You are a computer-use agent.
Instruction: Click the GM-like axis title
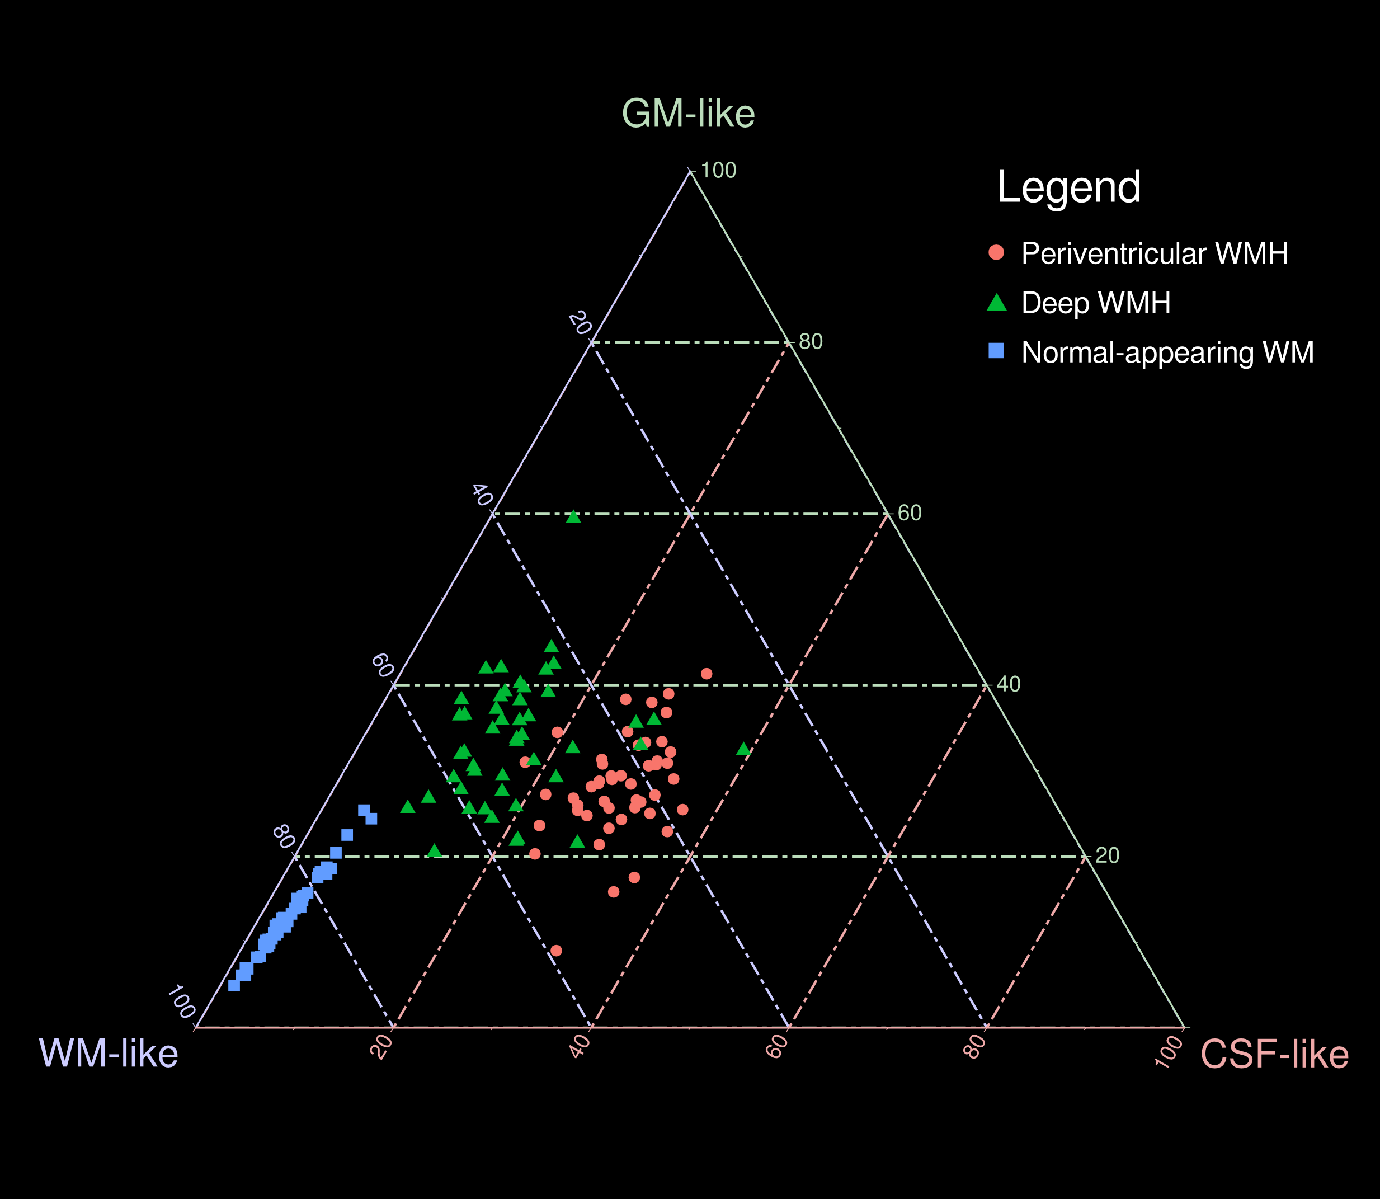point(689,114)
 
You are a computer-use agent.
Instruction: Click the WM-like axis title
point(109,1053)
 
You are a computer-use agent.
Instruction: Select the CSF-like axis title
point(1274,1055)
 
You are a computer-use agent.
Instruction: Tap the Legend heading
point(1068,187)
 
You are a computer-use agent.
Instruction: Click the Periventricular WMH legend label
point(1154,253)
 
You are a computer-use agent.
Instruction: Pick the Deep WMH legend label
point(1096,303)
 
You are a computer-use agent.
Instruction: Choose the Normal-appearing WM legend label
point(1167,352)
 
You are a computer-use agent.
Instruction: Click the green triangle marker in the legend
point(996,303)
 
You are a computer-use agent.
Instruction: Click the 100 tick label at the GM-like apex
point(718,171)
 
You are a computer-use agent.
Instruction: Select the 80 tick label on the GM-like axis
point(811,342)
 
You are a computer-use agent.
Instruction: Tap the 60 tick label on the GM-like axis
point(909,513)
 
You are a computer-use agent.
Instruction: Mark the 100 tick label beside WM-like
point(181,1001)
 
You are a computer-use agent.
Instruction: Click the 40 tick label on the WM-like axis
point(482,495)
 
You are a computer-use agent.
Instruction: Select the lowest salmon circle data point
point(556,951)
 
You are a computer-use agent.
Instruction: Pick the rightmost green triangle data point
point(743,749)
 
